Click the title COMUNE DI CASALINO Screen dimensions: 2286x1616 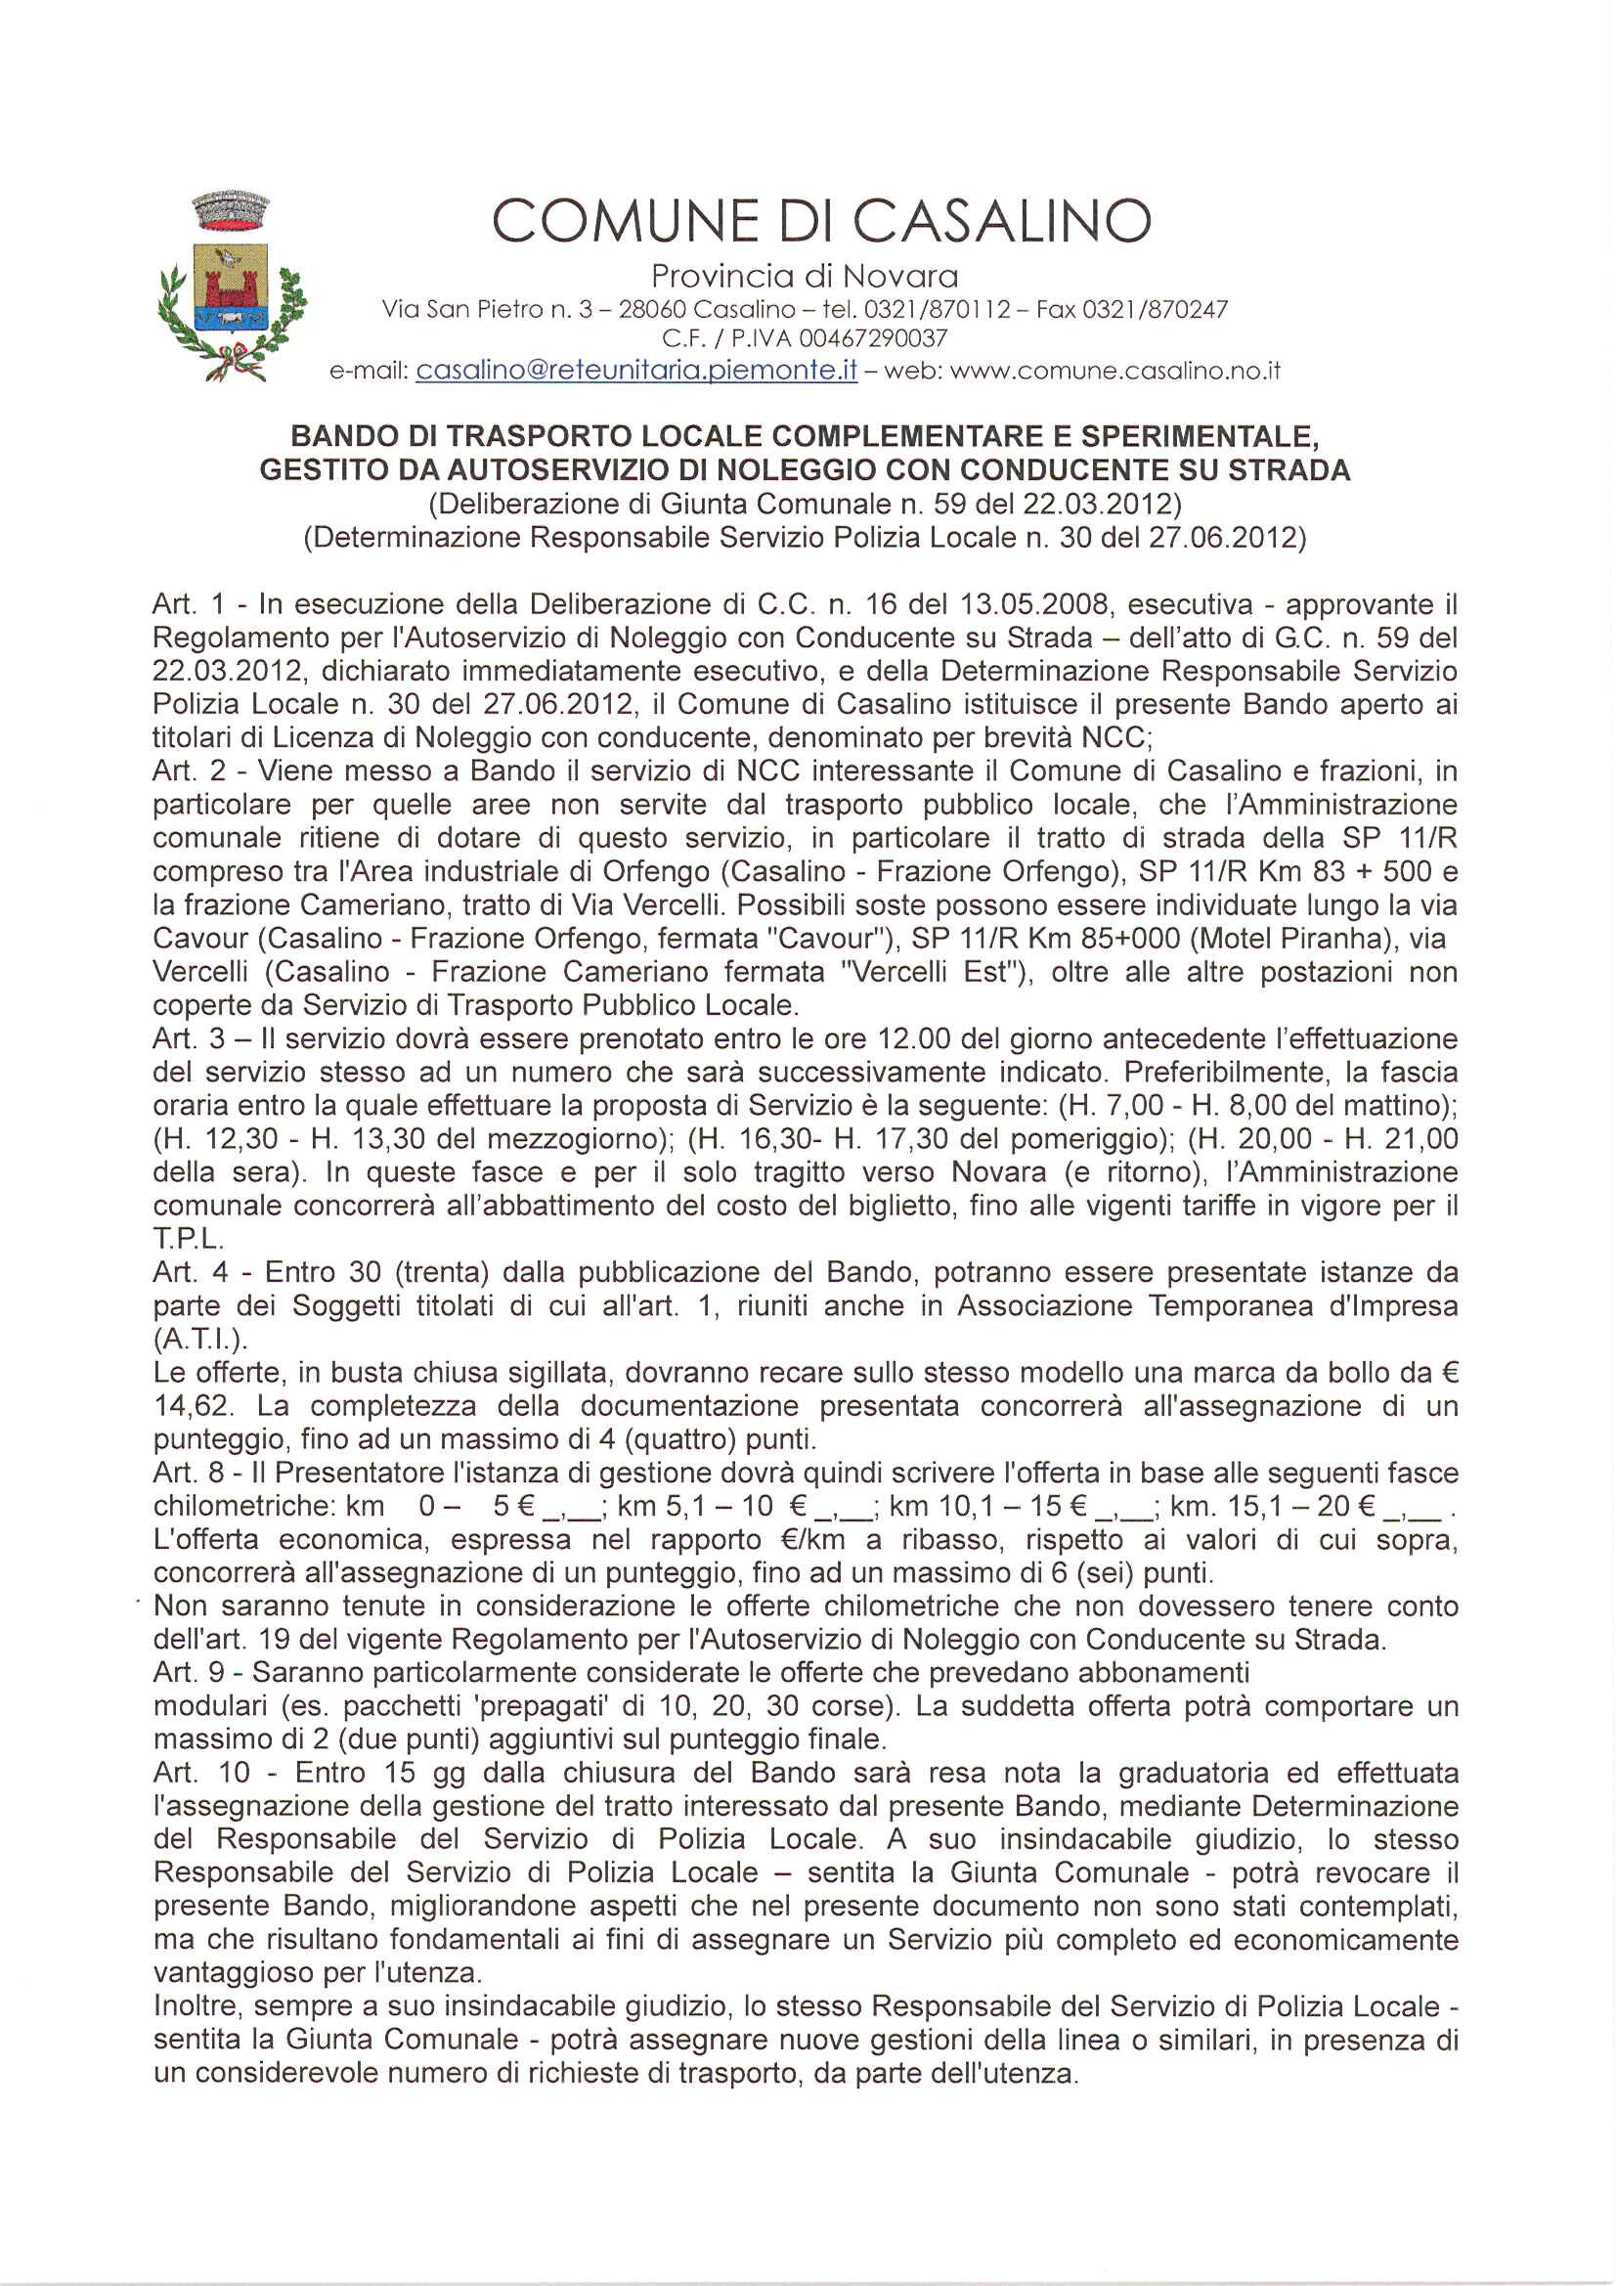(x=821, y=221)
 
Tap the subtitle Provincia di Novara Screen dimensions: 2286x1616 (x=805, y=276)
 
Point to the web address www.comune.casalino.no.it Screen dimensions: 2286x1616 (x=1114, y=372)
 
